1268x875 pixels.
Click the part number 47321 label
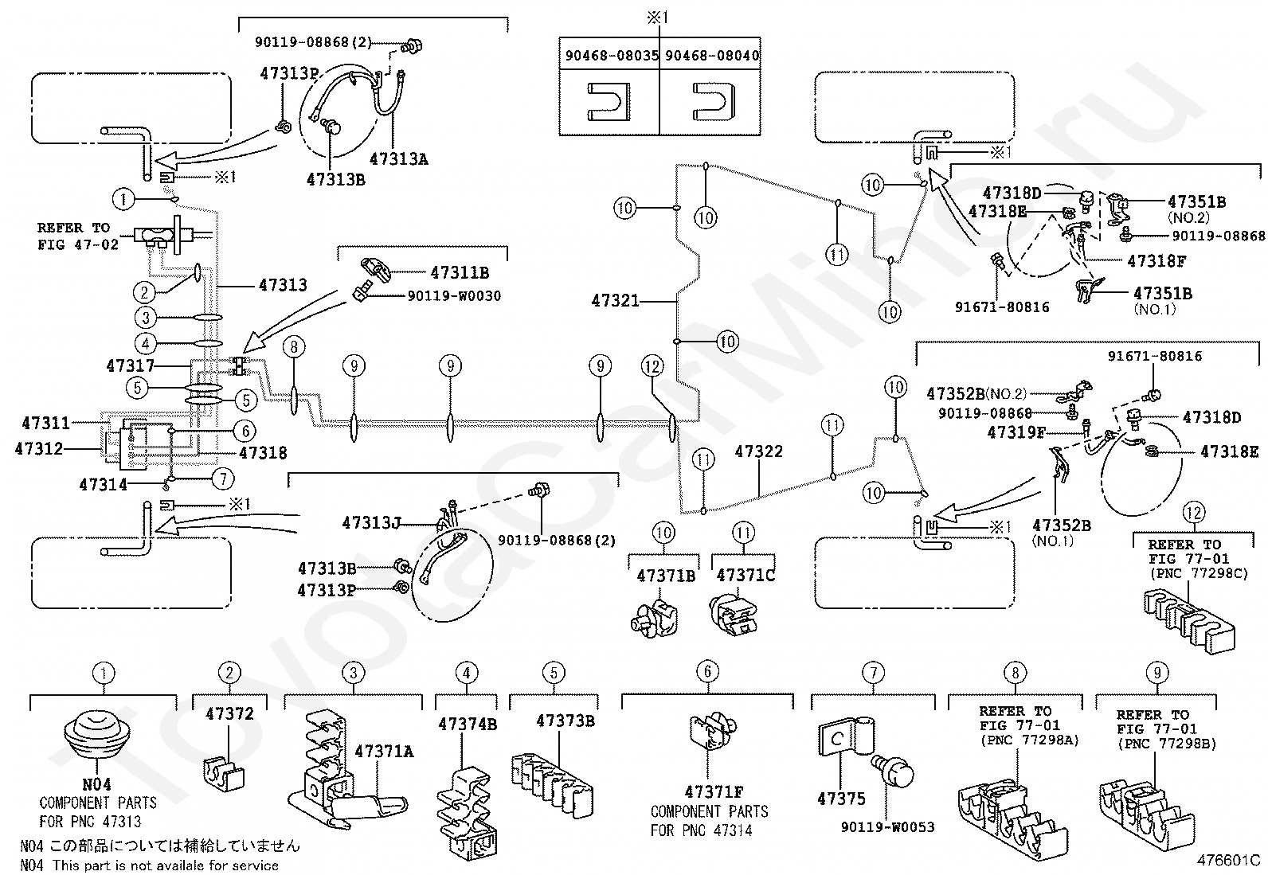click(615, 300)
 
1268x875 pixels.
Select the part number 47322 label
click(758, 451)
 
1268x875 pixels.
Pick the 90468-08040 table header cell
click(711, 56)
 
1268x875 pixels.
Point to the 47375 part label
click(841, 799)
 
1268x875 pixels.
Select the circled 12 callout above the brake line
click(652, 366)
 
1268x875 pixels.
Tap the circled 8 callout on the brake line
click(294, 346)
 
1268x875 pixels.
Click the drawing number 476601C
click(1228, 861)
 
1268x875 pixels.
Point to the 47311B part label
click(460, 273)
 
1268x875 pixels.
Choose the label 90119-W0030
click(454, 296)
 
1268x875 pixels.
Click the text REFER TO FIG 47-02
click(77, 236)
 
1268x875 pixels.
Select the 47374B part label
click(468, 725)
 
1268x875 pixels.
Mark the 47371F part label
click(714, 792)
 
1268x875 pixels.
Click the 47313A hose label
click(399, 159)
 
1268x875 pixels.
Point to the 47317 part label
click(130, 365)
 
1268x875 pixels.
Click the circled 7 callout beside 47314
click(224, 479)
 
